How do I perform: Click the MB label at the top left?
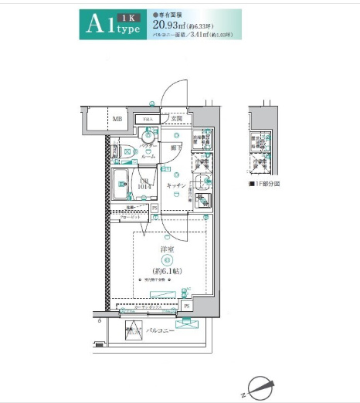[117, 119]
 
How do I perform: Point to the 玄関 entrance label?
[176, 119]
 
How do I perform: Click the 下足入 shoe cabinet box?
[145, 119]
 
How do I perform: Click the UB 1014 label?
[144, 184]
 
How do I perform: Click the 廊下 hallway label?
[176, 147]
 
